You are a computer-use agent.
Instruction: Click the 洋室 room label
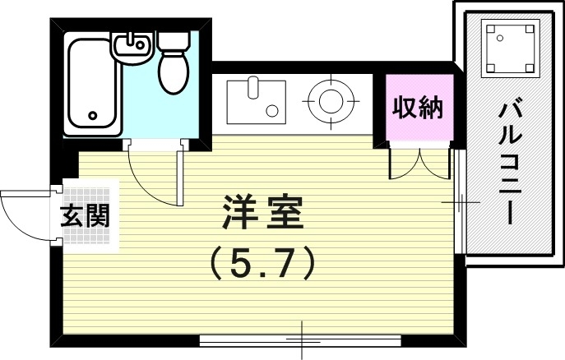[x=262, y=212]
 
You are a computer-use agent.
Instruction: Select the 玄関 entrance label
[x=85, y=216]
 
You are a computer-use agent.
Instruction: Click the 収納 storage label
[x=418, y=108]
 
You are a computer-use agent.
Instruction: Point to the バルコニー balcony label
[x=510, y=163]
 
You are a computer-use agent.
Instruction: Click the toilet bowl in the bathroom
[x=174, y=72]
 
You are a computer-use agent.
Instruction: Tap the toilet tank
[x=174, y=40]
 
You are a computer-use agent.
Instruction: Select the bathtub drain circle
[x=93, y=116]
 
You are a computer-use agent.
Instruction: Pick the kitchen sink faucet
[x=253, y=87]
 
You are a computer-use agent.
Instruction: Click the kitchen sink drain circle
[x=271, y=110]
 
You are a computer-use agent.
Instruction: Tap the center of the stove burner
[x=331, y=101]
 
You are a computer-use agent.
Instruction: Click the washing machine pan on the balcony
[x=510, y=48]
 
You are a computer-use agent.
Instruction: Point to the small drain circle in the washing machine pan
[x=499, y=38]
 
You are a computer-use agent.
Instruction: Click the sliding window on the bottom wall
[x=300, y=339]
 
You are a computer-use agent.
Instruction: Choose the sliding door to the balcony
[x=460, y=201]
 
